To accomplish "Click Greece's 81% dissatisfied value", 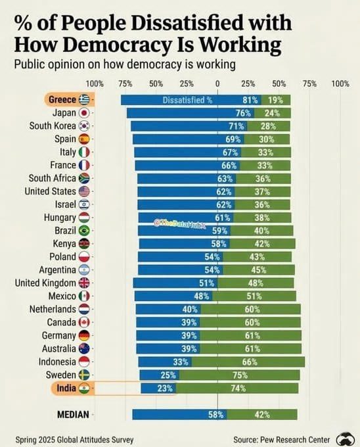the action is coord(250,100).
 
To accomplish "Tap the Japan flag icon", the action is coord(84,113).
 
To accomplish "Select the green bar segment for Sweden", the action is coord(239,375).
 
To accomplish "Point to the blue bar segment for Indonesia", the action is coord(165,362).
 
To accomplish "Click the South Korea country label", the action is coord(53,126).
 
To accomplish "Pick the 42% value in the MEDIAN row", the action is coord(262,414).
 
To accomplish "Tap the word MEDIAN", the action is coord(73,414).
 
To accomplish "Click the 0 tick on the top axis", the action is coord(217,83).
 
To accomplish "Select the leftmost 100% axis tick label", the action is coord(95,83).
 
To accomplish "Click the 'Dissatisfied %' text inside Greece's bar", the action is coord(187,100).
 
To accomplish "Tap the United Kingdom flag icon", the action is coord(84,283).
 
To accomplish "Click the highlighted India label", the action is coord(66,388).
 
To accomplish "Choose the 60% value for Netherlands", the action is coord(252,310).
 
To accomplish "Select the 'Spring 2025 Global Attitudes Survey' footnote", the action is coord(74,439).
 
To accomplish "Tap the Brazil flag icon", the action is coord(84,230).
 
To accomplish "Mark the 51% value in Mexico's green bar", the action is coord(254,296).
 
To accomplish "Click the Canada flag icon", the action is coord(84,322).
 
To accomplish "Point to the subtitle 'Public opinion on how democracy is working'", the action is coord(125,64).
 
